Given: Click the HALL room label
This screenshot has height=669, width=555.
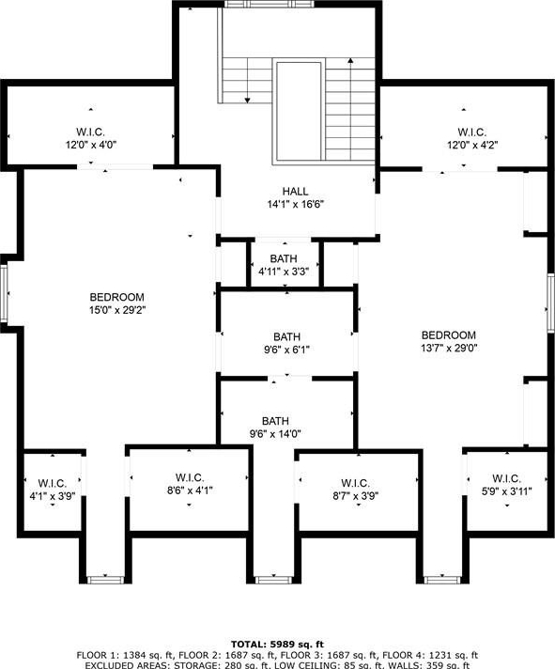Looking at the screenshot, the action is point(295,191).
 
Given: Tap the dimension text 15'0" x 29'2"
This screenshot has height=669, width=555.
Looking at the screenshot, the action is point(117,310).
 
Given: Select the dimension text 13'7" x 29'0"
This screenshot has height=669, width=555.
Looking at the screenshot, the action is point(449,349).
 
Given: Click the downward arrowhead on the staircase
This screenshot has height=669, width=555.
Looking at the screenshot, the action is point(247,101).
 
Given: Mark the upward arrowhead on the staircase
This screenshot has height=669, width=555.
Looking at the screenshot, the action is point(350,61).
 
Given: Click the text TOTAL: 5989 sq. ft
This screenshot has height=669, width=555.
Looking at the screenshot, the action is point(278,645).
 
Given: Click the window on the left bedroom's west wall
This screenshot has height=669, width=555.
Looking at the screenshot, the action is point(4,293).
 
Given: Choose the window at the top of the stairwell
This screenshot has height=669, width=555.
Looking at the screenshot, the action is point(269,4).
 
